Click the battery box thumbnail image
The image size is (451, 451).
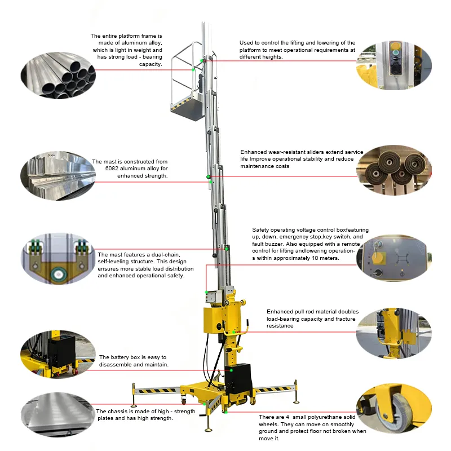click(x=57, y=354)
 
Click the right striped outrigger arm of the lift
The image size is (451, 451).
click(x=273, y=388)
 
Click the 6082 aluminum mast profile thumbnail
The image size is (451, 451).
click(x=57, y=169)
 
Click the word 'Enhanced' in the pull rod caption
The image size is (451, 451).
click(x=280, y=311)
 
